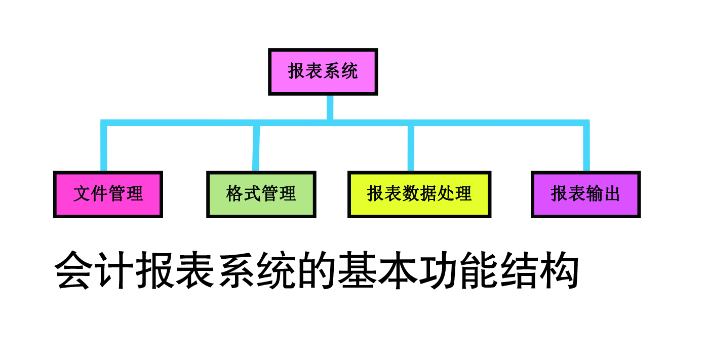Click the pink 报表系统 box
click(x=323, y=71)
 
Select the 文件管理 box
click(x=108, y=194)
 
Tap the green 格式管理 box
click(x=261, y=194)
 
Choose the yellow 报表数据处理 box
click(x=419, y=194)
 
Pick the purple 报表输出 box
click(x=585, y=194)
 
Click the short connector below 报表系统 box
click(x=330, y=107)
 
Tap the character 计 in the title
click(x=115, y=271)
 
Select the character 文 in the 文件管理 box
click(x=82, y=194)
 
